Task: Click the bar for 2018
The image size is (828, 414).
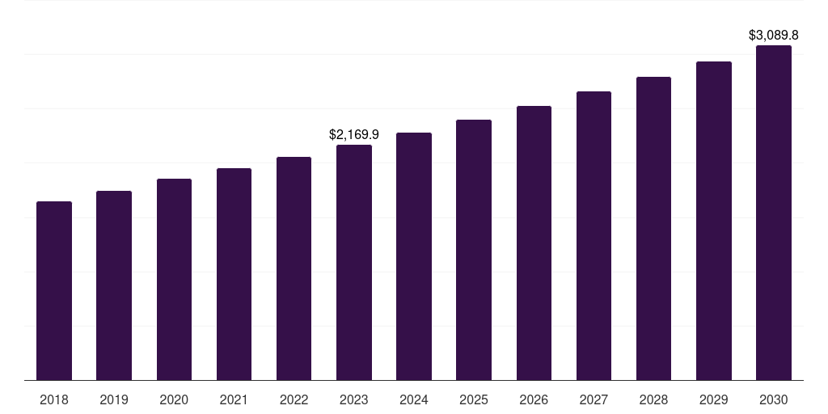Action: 54,291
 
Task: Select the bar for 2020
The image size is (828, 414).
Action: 174,280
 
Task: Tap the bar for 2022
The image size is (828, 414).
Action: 294,268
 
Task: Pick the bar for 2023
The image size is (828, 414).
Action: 354,263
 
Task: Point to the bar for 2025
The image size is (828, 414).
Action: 474,250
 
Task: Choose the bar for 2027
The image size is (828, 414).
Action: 594,236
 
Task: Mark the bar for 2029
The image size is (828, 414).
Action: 714,221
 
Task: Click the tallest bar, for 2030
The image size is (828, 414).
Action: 774,213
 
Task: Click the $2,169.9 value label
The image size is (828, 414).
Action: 354,134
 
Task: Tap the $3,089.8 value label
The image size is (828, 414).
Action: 774,36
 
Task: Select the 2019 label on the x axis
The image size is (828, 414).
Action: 114,400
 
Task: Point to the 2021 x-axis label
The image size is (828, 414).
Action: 234,400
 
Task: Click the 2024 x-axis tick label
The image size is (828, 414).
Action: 414,400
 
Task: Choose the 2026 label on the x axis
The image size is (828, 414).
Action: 534,400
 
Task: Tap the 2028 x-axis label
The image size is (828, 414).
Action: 653,400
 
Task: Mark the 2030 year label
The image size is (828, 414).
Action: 774,400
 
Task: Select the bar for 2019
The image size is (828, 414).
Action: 114,285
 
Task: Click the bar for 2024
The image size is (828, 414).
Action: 414,256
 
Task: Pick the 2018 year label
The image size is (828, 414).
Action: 54,400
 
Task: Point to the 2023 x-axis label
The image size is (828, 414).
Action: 354,400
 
